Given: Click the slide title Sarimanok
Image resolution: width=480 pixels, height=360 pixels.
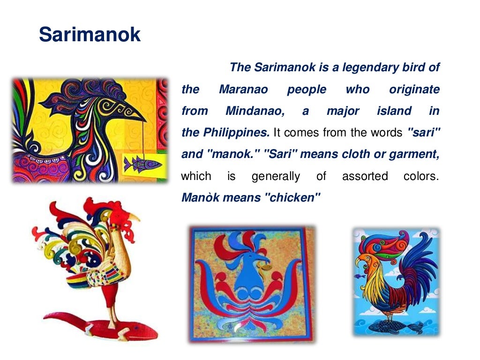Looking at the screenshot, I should pos(90,35).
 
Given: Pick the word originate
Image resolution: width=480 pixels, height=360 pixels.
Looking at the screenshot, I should pos(414,90).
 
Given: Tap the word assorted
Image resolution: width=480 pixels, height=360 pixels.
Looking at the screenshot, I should pos(365,176).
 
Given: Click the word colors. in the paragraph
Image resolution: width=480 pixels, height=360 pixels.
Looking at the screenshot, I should pos(421,176).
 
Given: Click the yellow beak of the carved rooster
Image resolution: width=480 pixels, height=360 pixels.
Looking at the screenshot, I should pos(135,217).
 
